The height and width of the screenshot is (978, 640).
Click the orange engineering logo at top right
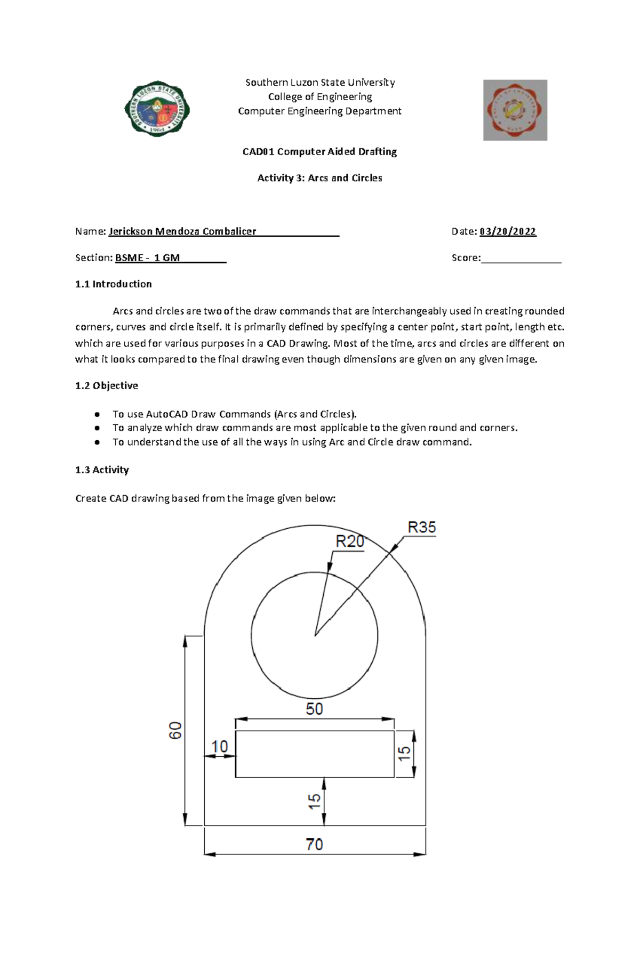coord(515,110)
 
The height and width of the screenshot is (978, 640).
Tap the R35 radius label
coord(421,527)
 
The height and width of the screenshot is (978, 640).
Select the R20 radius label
coord(349,541)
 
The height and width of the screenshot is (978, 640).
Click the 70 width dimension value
coord(314,844)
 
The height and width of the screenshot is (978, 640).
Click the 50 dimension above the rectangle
coord(314,709)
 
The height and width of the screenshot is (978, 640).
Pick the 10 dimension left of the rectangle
coord(219,746)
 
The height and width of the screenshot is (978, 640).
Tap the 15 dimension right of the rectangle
coord(405,753)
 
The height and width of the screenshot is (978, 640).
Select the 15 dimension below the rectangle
coord(314,801)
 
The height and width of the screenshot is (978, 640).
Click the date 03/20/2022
coord(508,231)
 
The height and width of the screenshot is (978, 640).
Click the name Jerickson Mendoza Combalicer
coord(182,231)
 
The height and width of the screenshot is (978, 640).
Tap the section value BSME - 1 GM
coord(148,258)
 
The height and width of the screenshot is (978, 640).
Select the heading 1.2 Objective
coord(107,385)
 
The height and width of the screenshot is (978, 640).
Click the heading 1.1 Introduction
coord(114,284)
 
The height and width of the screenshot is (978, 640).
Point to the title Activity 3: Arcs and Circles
coord(319,178)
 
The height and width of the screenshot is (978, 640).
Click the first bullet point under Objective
coord(234,414)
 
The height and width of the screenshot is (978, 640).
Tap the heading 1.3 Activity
coord(102,470)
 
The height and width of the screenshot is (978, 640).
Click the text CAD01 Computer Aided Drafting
coord(319,152)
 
